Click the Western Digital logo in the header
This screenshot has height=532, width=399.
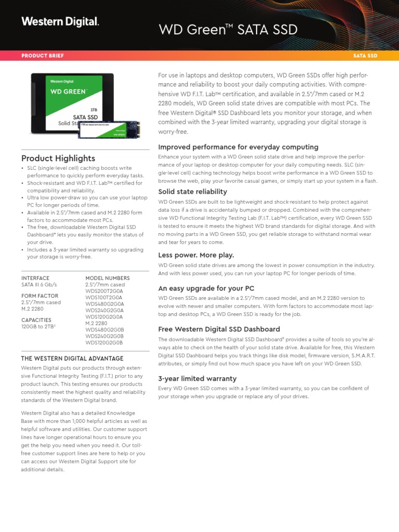(x=60, y=22)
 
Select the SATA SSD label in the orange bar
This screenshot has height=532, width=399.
(x=365, y=55)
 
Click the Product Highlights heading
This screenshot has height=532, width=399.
(x=58, y=158)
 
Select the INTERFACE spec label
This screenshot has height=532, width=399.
(x=35, y=278)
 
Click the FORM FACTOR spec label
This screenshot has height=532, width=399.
(x=39, y=296)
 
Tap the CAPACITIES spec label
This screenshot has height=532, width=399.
(x=36, y=320)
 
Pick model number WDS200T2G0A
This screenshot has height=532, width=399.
(x=104, y=291)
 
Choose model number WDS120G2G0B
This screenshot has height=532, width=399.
(x=104, y=342)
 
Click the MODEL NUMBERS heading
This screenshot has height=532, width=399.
(x=108, y=278)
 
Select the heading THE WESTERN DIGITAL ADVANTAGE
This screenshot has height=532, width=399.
(x=72, y=358)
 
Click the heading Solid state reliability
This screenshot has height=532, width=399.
(x=192, y=192)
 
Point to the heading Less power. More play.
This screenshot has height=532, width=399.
(x=196, y=255)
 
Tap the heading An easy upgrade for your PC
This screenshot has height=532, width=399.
(x=206, y=288)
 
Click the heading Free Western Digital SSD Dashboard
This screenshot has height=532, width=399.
(x=219, y=329)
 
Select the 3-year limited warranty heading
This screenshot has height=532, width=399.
(x=197, y=379)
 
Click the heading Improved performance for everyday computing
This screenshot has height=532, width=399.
(x=238, y=147)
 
